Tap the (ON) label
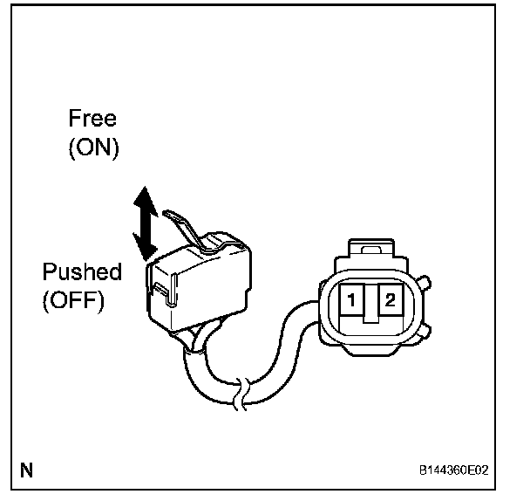point(93,148)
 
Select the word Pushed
point(83,271)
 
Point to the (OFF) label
point(73,301)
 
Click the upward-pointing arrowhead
point(146,199)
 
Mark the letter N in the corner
point(27,471)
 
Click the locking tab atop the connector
point(370,250)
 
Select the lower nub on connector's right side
point(425,331)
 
